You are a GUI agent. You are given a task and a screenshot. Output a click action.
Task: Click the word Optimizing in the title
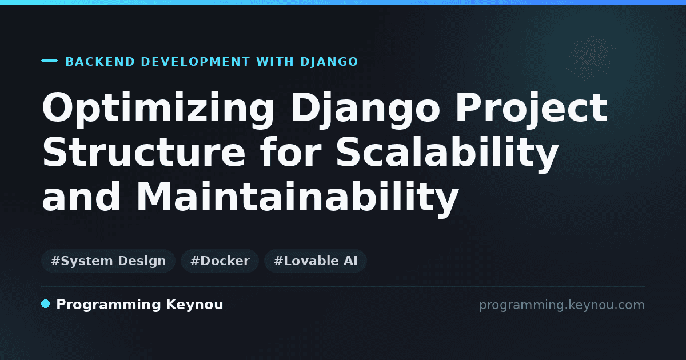pyautogui.click(x=158, y=110)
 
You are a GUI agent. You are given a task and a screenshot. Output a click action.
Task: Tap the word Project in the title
pyautogui.click(x=532, y=110)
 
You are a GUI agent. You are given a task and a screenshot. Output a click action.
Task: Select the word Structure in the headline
pyautogui.click(x=144, y=152)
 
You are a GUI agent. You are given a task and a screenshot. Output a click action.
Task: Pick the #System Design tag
pyautogui.click(x=109, y=261)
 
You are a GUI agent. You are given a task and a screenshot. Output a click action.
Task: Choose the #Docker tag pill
pyautogui.click(x=220, y=261)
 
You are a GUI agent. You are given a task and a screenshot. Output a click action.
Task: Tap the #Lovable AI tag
pyautogui.click(x=316, y=261)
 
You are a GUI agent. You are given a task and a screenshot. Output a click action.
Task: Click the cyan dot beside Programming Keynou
pyautogui.click(x=46, y=304)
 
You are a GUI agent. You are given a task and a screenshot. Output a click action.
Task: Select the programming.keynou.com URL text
pyautogui.click(x=562, y=305)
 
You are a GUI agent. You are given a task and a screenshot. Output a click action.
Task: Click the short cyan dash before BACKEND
pyautogui.click(x=49, y=61)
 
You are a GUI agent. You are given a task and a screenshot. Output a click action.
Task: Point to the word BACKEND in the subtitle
pyautogui.click(x=100, y=62)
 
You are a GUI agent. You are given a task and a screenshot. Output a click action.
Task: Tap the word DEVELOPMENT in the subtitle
pyautogui.click(x=196, y=62)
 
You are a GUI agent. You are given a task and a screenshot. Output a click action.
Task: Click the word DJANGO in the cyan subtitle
pyautogui.click(x=329, y=62)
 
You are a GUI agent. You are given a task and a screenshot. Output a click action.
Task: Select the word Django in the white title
pyautogui.click(x=365, y=110)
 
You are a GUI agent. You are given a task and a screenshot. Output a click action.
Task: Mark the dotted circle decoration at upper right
pyautogui.click(x=591, y=57)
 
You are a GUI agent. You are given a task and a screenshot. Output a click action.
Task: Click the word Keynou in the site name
pyautogui.click(x=194, y=305)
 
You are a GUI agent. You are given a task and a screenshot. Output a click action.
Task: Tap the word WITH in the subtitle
pyautogui.click(x=275, y=62)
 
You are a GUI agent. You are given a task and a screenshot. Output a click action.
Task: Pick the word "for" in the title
pyautogui.click(x=291, y=152)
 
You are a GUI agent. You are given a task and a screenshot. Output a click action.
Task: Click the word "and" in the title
pyautogui.click(x=81, y=196)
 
